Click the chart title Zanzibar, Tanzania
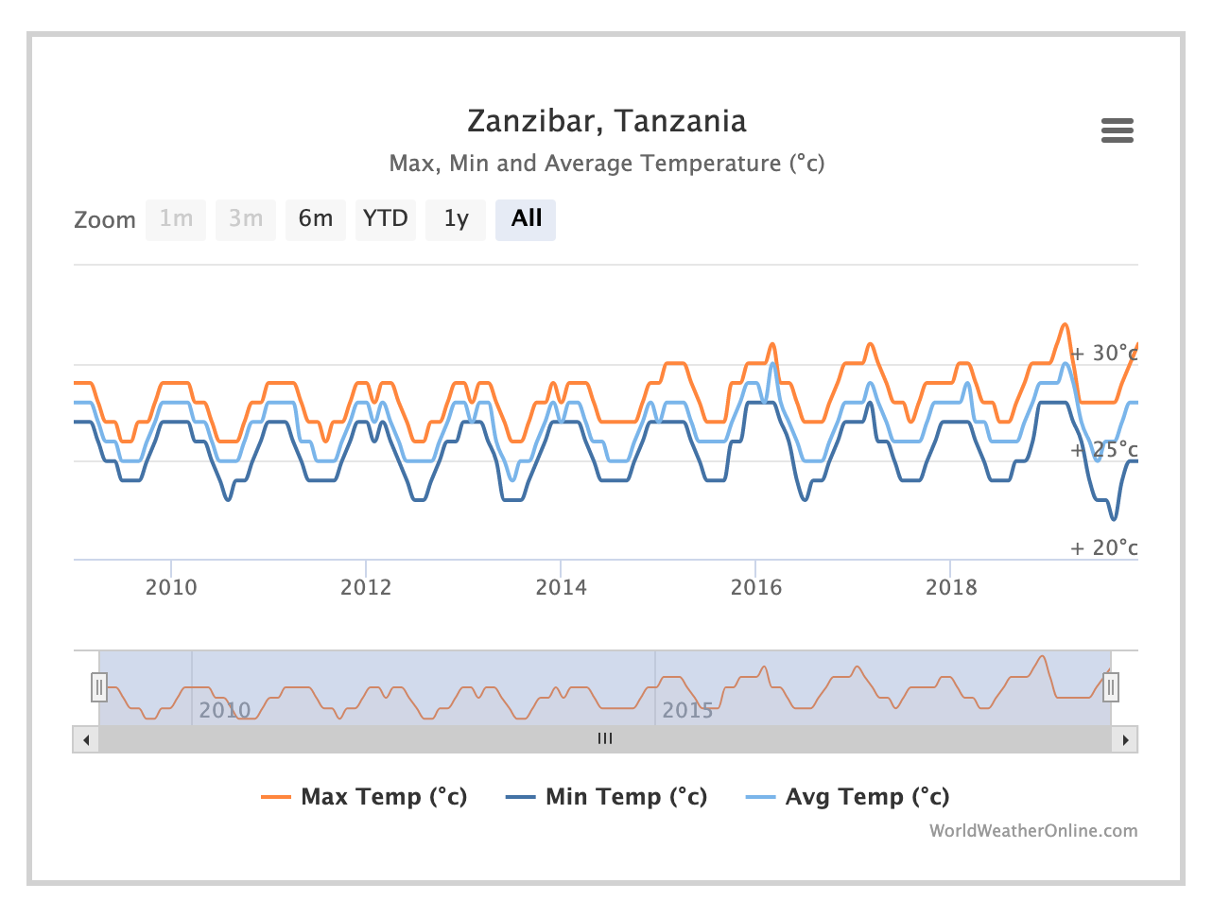(606, 121)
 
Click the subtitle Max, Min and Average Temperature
(606, 164)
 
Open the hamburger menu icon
(1117, 130)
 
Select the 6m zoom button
(316, 219)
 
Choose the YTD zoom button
(386, 219)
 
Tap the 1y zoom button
(456, 219)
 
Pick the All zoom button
(526, 219)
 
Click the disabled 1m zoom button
(176, 219)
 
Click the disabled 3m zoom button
(246, 219)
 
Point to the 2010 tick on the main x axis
(171, 587)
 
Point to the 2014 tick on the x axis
(561, 587)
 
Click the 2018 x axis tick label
(951, 587)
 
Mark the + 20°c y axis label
(1103, 548)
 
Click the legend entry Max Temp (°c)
(383, 797)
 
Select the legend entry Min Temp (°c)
(625, 797)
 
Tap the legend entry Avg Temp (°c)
(866, 797)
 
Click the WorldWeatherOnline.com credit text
(1032, 831)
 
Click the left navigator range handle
(99, 687)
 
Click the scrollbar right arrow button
(1125, 739)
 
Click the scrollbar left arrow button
(86, 739)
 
